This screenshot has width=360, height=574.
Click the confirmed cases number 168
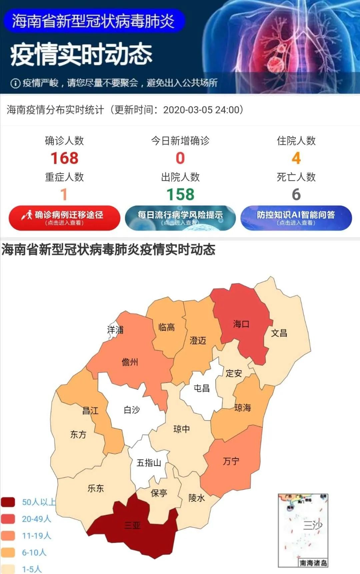[64, 158]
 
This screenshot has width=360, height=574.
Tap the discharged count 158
[180, 194]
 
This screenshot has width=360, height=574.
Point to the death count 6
[296, 194]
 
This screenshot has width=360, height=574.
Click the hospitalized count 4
[296, 158]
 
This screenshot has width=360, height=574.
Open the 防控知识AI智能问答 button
[296, 218]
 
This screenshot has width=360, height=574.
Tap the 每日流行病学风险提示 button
[180, 218]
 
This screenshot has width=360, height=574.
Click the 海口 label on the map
[241, 324]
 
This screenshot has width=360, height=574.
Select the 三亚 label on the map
[132, 526]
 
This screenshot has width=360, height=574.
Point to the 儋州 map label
[130, 362]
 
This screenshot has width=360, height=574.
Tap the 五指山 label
[149, 463]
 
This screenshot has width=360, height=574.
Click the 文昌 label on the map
[279, 333]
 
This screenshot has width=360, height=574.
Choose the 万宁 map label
[231, 461]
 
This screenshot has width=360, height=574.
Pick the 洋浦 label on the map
[115, 330]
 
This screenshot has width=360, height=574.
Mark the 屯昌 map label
[202, 388]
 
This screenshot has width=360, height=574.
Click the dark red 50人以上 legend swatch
[8, 502]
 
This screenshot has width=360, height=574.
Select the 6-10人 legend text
[34, 552]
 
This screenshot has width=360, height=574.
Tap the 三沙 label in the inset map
[312, 525]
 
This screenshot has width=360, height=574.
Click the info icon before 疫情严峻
[15, 83]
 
